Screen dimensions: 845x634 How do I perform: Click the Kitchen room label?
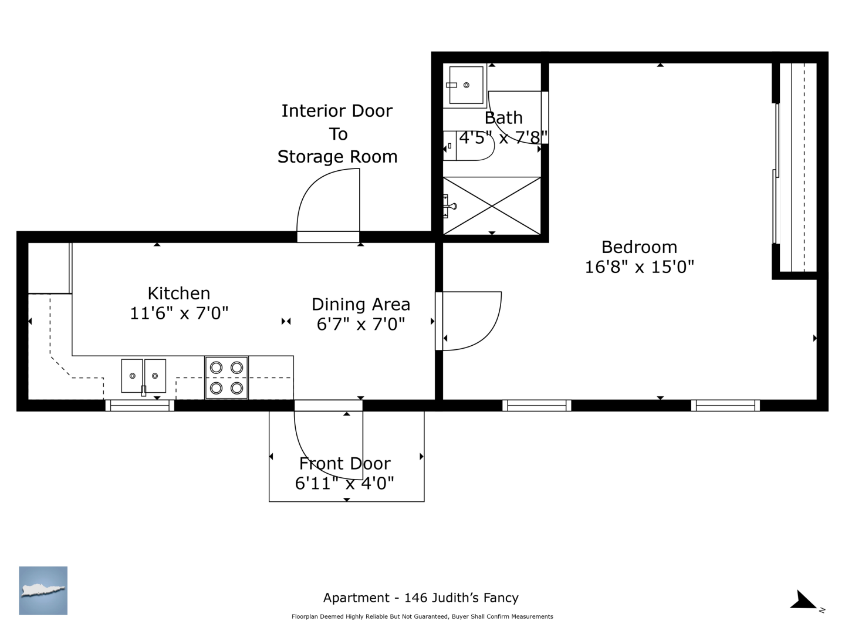(x=178, y=294)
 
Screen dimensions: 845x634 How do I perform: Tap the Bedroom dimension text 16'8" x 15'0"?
(x=639, y=267)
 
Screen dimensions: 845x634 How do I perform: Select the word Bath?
(x=503, y=118)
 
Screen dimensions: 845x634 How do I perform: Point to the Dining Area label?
(x=361, y=305)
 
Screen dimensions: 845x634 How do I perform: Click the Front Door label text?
(x=344, y=464)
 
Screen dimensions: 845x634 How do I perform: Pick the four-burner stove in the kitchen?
(x=227, y=377)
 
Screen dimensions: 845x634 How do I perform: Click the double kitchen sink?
(x=144, y=376)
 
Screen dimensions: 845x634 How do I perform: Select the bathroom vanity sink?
(x=465, y=85)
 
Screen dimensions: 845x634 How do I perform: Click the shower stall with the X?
(x=492, y=206)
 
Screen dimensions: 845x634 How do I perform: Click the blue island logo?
(x=43, y=591)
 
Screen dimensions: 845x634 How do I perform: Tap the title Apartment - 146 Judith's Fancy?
(x=421, y=598)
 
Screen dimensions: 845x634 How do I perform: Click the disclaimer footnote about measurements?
(x=422, y=616)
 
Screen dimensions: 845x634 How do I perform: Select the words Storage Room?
(x=337, y=157)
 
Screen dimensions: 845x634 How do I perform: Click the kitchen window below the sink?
(x=140, y=405)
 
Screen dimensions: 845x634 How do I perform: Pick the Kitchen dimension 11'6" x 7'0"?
(x=179, y=313)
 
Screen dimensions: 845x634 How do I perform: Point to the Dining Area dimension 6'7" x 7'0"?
(x=361, y=324)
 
